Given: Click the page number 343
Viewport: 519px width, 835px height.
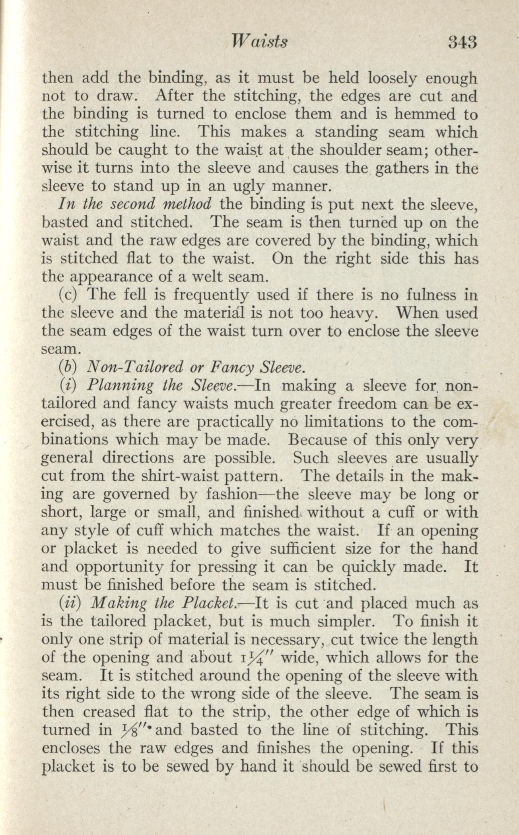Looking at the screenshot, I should tap(462, 42).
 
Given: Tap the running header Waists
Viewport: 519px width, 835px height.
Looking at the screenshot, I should tap(260, 42).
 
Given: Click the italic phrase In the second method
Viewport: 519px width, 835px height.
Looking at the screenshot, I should tap(134, 204).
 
